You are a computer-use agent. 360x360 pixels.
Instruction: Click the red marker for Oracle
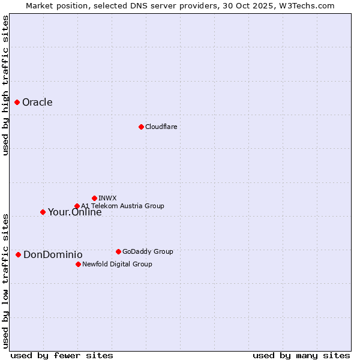pyautogui.click(x=17, y=102)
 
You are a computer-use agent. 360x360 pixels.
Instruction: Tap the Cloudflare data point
pyautogui.click(x=141, y=127)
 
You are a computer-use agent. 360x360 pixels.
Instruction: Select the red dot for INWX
pyautogui.click(x=94, y=198)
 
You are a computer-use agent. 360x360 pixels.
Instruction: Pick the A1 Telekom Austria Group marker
pyautogui.click(x=77, y=206)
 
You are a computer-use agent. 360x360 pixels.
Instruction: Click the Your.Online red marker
pyautogui.click(x=43, y=212)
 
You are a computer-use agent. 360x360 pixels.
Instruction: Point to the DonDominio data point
pyautogui.click(x=18, y=255)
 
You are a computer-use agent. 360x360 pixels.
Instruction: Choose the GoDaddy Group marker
pyautogui.click(x=118, y=251)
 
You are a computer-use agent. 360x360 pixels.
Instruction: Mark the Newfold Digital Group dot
pyautogui.click(x=78, y=264)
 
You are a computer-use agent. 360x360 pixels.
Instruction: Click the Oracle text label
pyautogui.click(x=37, y=102)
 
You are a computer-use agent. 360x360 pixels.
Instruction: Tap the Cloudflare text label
pyautogui.click(x=161, y=127)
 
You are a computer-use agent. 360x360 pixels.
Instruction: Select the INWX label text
pyautogui.click(x=107, y=198)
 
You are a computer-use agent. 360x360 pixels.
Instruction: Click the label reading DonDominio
pyautogui.click(x=53, y=255)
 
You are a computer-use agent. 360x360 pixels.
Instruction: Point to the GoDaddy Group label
pyautogui.click(x=147, y=251)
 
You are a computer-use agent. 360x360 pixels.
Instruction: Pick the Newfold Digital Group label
pyautogui.click(x=117, y=264)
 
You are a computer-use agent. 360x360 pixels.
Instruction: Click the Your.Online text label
pyautogui.click(x=74, y=212)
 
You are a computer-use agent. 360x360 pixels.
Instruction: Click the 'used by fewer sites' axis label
pyautogui.click(x=62, y=355)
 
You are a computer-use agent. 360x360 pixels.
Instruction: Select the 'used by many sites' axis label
pyautogui.click(x=301, y=355)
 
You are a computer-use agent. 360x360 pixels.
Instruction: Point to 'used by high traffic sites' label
pyautogui.click(x=5, y=85)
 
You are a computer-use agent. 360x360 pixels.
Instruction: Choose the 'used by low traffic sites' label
pyautogui.click(x=5, y=281)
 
